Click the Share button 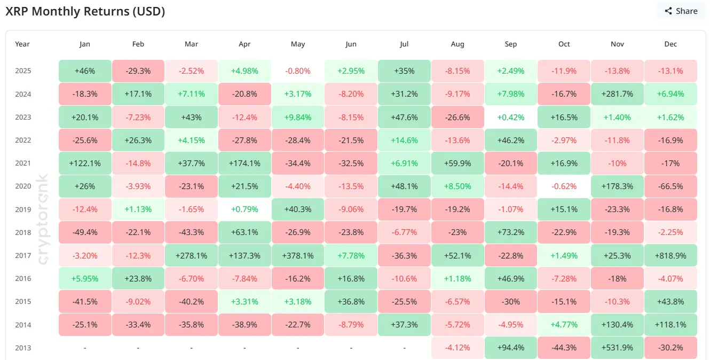point(681,11)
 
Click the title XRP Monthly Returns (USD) point(85,12)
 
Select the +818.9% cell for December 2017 point(670,256)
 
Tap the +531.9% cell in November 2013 point(617,348)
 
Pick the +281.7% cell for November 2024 point(617,94)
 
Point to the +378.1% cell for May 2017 point(298,256)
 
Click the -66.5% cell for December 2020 point(670,186)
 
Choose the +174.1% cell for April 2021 point(244,163)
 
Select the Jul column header point(404,44)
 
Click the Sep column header point(511,44)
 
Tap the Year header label point(22,44)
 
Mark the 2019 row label point(23,209)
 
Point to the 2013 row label point(23,348)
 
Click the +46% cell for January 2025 point(85,71)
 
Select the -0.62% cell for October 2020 point(564,186)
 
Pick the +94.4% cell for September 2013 point(511,348)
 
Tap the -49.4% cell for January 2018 point(85,232)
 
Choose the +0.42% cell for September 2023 point(511,117)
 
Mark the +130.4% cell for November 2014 point(617,325)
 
